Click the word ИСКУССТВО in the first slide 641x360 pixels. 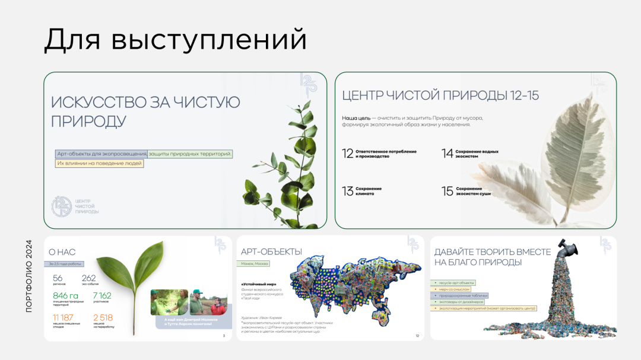(95, 102)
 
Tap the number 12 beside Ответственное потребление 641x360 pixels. (348, 154)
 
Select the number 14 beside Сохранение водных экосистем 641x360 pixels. (448, 154)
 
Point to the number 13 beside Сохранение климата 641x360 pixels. (348, 191)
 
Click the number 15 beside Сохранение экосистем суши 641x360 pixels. (448, 191)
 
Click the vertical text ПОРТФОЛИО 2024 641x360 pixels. (29, 276)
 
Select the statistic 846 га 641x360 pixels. (65, 295)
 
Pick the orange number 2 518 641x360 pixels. (102, 317)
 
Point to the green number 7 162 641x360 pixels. (101, 295)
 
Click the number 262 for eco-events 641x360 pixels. (88, 278)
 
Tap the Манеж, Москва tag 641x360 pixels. (255, 264)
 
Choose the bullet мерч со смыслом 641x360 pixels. (453, 289)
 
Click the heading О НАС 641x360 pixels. (62, 252)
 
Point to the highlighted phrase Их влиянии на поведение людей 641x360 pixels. (100, 163)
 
